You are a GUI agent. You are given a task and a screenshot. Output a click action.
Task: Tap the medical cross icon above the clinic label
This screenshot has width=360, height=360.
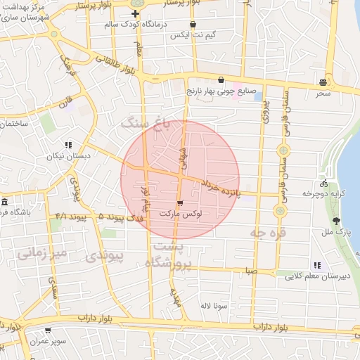pos(135,13)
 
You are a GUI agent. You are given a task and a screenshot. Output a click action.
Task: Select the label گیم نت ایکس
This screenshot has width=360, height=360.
pos(192,35)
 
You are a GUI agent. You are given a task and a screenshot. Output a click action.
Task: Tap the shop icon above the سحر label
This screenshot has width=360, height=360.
pos(322,82)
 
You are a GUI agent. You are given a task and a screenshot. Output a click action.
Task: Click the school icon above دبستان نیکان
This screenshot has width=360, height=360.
pos(68,145)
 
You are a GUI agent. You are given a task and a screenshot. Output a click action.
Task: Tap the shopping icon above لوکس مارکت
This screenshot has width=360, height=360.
pos(181,203)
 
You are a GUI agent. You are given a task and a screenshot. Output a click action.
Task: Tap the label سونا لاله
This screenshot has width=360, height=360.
pos(214,306)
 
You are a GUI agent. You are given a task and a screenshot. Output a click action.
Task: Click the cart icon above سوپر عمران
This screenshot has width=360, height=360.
pos(47,330)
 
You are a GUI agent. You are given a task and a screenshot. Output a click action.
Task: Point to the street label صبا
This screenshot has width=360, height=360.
pos(251,270)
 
